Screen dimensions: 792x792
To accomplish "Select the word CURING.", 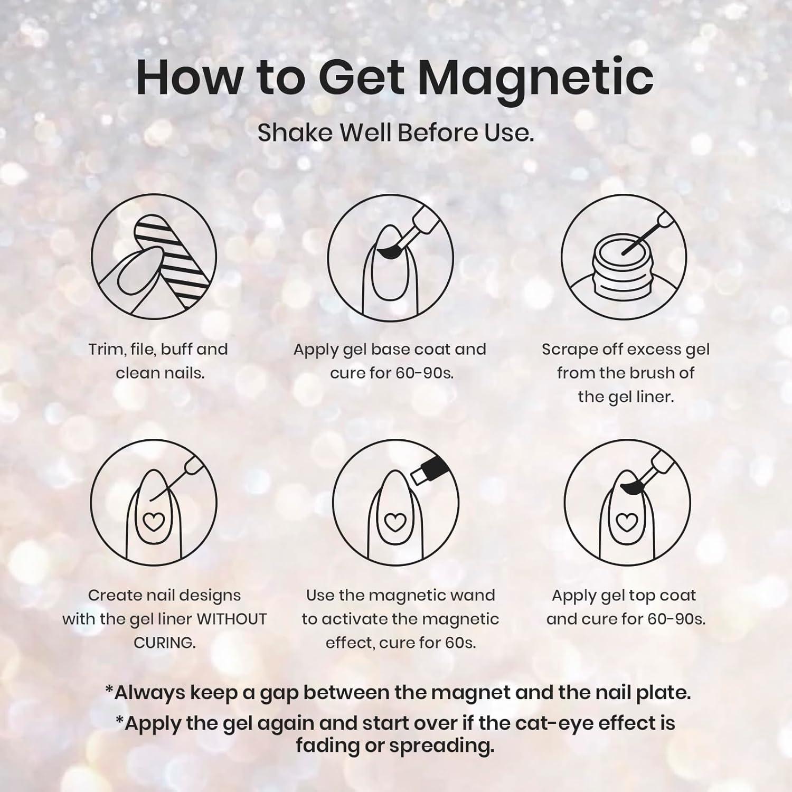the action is point(165,643).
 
